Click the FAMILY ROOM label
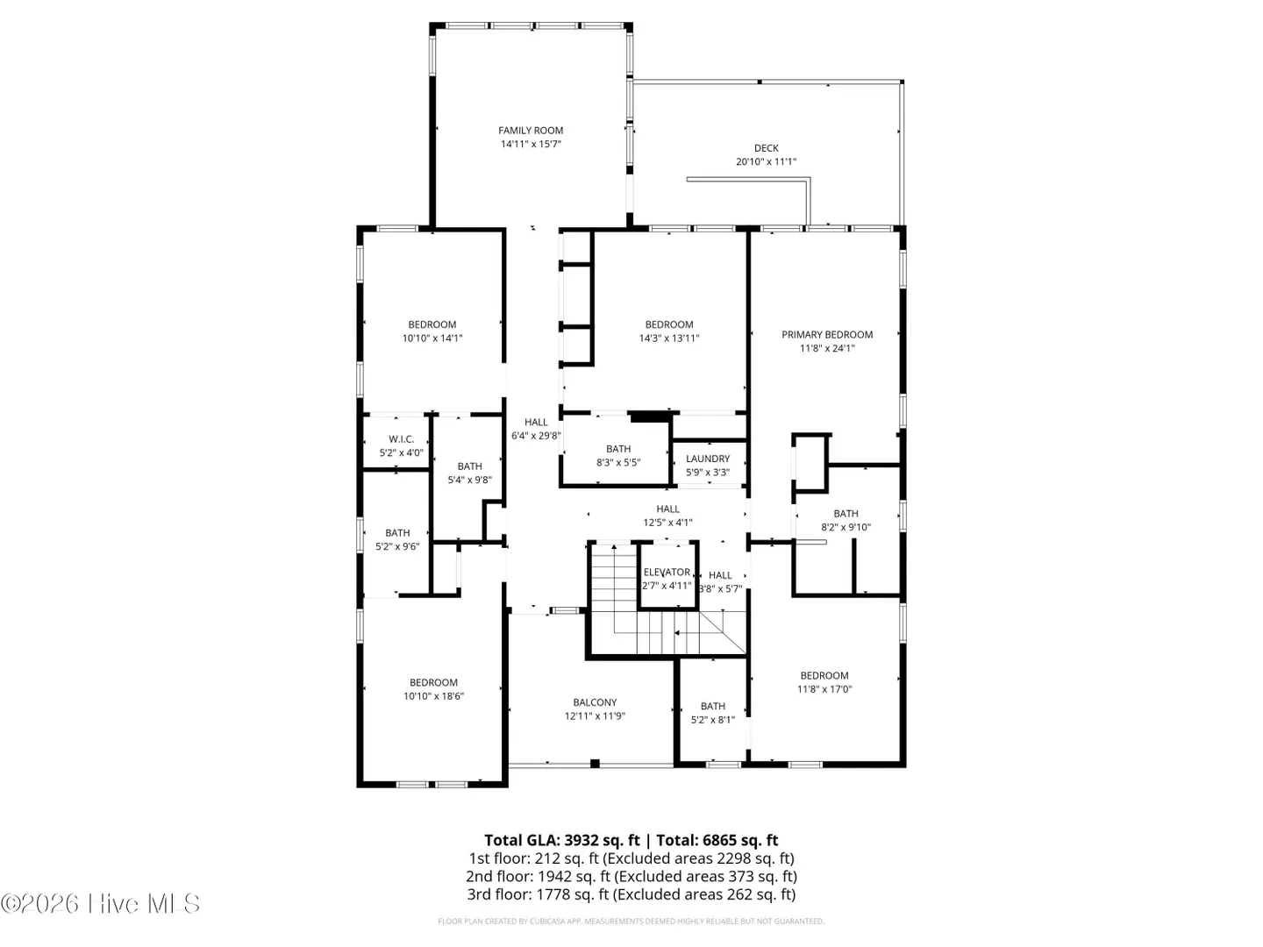530,131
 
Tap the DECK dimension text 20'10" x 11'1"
766,161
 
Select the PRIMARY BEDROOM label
827,335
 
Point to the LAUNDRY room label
708,459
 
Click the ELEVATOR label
667,572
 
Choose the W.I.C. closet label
401,439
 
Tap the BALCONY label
595,702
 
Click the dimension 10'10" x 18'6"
433,696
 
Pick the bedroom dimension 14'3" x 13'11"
669,338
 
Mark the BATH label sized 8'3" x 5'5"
618,449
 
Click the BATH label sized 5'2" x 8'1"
713,706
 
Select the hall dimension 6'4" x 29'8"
536,436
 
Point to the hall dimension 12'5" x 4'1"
667,523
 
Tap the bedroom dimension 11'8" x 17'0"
824,689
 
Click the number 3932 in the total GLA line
582,841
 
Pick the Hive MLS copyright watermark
100,903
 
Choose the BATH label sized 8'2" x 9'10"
846,514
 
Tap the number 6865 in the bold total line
720,841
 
